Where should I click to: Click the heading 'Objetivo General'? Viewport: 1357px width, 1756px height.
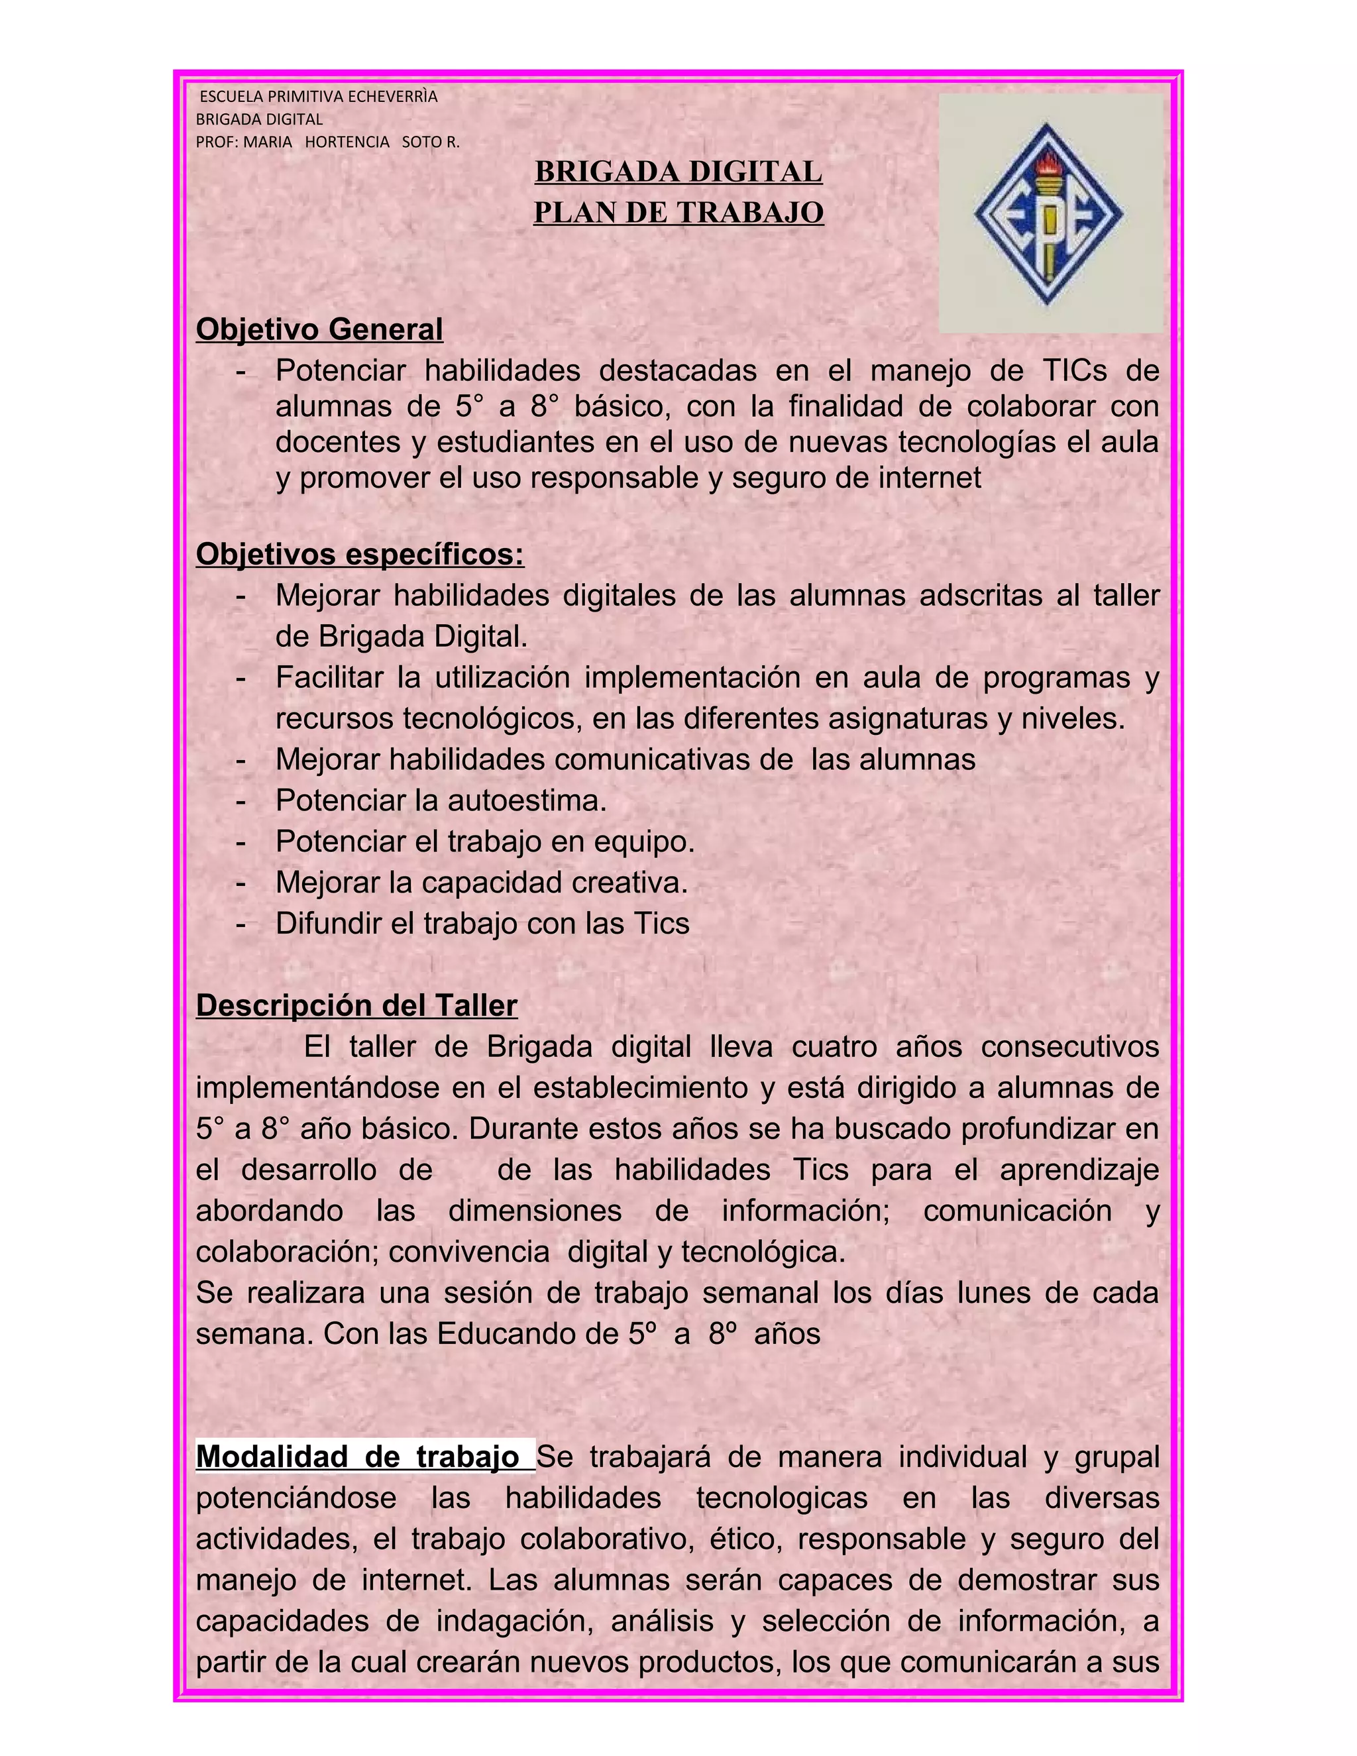point(319,329)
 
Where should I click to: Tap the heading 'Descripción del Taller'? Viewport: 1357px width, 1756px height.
point(356,1006)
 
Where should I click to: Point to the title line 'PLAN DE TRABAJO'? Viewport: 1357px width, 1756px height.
point(678,212)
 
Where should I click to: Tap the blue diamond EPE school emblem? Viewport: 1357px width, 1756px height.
point(1048,215)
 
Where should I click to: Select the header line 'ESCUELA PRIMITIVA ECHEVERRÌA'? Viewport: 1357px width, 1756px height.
point(318,97)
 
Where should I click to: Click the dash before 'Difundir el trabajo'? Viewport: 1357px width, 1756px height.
point(241,924)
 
